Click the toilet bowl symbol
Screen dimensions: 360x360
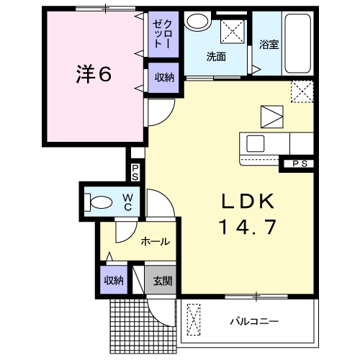(99, 202)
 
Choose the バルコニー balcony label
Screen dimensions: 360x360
(254, 320)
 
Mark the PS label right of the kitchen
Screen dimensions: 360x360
(300, 164)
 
